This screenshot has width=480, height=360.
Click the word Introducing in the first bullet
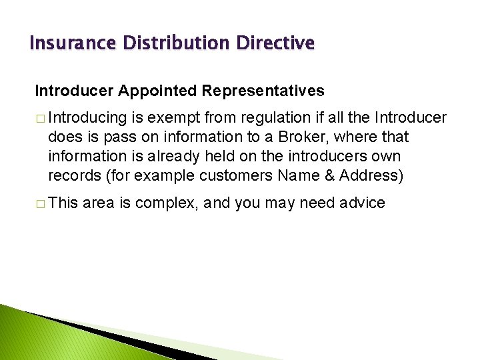click(x=87, y=119)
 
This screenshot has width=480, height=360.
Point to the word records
click(x=73, y=175)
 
